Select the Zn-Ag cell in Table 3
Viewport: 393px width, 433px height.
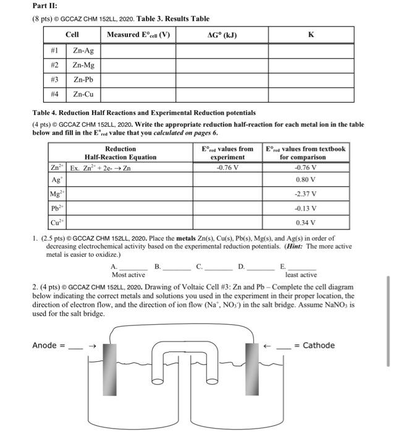tap(83, 50)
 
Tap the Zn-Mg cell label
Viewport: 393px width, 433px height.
tap(83, 65)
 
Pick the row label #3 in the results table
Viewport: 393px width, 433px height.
tap(54, 80)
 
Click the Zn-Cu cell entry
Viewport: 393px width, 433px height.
tap(83, 95)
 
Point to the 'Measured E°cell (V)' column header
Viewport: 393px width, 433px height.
tap(138, 35)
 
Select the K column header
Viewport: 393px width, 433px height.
tap(310, 35)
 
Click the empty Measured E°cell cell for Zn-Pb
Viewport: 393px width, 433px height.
tap(138, 80)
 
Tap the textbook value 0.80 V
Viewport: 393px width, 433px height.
tap(306, 181)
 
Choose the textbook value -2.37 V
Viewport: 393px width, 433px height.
tap(306, 194)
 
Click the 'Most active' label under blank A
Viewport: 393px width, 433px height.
tap(128, 275)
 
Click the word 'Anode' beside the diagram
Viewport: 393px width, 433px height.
tap(46, 346)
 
